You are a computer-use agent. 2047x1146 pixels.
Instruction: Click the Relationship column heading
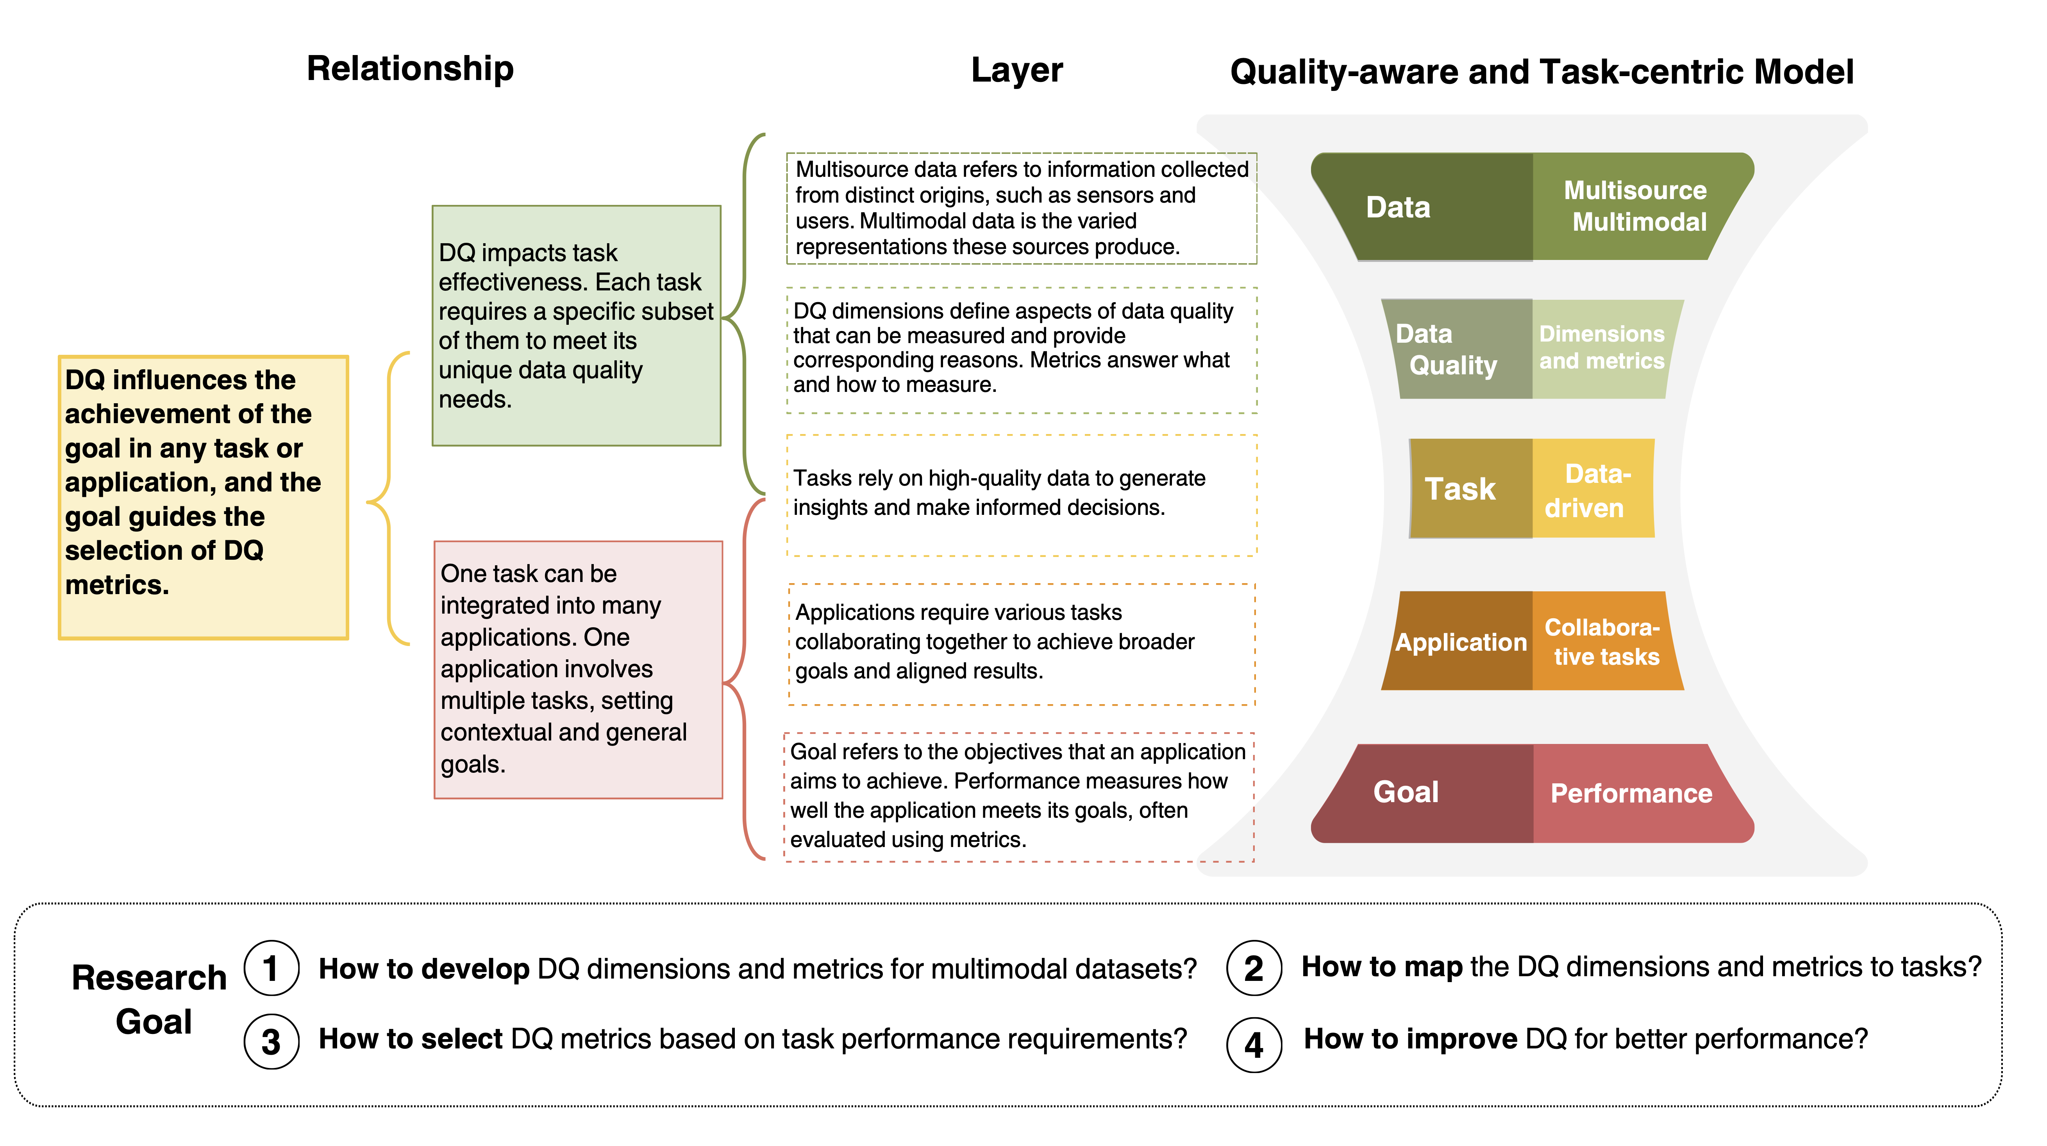click(410, 69)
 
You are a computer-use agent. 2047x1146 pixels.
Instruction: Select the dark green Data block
click(1422, 206)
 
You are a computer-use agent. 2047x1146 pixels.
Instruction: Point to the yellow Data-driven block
click(1593, 488)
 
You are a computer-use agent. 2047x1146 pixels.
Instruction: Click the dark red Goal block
click(1422, 793)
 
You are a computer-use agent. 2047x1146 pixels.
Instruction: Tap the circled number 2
click(1254, 968)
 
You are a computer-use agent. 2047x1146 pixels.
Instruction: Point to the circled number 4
click(1254, 1045)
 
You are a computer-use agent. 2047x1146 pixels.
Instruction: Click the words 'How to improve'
click(1411, 1039)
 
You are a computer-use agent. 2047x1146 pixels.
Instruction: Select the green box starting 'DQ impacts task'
click(576, 326)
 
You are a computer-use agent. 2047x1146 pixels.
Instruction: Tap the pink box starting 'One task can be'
click(578, 669)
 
